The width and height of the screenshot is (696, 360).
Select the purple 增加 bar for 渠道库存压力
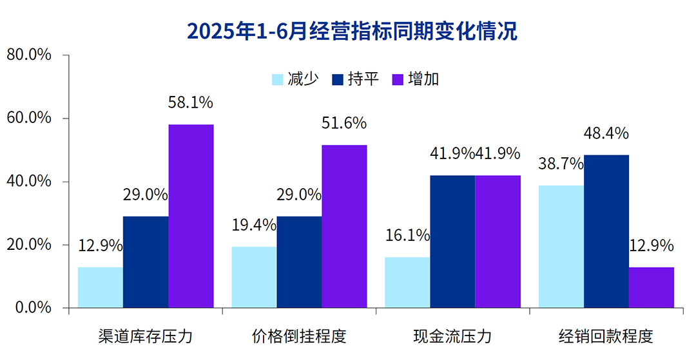tap(191, 216)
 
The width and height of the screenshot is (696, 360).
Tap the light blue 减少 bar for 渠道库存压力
tap(101, 287)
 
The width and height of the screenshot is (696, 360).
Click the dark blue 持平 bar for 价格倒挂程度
tap(299, 261)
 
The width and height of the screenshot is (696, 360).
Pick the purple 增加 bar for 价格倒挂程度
tap(344, 226)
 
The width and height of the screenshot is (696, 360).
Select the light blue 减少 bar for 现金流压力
tap(407, 282)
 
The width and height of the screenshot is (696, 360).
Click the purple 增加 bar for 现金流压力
tap(498, 242)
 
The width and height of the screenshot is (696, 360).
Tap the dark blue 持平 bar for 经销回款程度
tap(606, 231)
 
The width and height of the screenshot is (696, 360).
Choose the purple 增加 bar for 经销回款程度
tap(652, 287)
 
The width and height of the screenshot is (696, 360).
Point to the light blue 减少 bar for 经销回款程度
tap(561, 247)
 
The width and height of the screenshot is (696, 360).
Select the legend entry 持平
tap(356, 79)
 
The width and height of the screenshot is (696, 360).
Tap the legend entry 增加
tap(416, 79)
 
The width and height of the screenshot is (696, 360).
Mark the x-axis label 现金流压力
tap(452, 337)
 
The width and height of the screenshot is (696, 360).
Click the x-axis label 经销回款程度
tap(606, 337)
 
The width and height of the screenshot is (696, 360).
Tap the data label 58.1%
tap(191, 102)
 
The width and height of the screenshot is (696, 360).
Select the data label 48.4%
tap(606, 133)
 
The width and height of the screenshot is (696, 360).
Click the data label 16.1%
tap(407, 235)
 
